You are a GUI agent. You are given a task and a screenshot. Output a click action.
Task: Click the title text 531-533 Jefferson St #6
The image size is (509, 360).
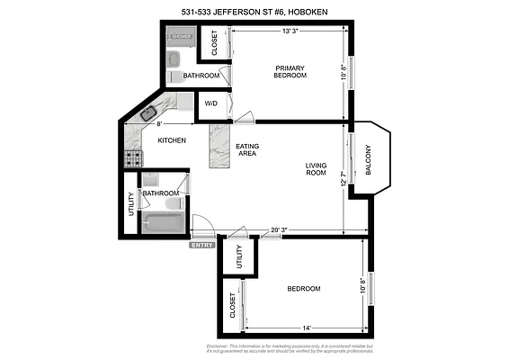click(254, 12)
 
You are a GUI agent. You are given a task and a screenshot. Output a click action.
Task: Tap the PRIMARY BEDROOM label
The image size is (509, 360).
click(290, 71)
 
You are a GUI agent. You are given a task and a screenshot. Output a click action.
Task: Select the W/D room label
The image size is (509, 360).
click(211, 104)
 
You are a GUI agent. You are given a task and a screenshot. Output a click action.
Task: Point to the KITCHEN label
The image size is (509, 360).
click(172, 140)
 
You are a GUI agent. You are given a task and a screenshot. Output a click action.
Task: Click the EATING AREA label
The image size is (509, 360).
click(247, 150)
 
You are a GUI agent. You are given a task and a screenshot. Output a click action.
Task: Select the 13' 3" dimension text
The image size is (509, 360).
click(290, 31)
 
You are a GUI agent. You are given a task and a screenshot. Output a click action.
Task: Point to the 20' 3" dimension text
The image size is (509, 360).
click(280, 229)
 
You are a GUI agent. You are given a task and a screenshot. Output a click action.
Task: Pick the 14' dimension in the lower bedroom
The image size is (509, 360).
click(308, 328)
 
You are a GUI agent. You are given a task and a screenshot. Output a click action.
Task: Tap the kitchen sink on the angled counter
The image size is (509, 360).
click(149, 113)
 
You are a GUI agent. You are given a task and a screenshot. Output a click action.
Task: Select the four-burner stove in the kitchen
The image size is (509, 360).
click(133, 158)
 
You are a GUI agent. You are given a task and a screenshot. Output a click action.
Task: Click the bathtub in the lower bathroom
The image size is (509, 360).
click(163, 220)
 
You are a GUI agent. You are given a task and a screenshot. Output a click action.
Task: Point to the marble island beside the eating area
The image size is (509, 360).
click(219, 147)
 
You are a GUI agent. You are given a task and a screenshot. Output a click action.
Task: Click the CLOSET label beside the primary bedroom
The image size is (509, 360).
click(215, 44)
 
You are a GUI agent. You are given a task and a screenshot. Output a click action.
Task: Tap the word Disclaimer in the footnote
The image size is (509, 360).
click(219, 345)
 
